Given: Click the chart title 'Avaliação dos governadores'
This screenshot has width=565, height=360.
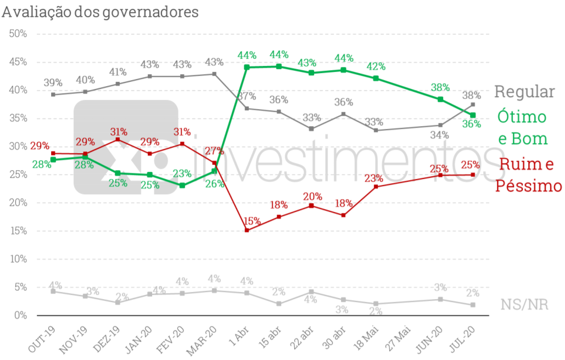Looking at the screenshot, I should pos(100,12).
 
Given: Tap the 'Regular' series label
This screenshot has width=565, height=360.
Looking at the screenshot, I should pos(524,92).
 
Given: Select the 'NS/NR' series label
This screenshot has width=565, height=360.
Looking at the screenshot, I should pos(524,305).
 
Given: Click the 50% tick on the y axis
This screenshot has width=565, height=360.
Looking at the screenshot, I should pos(18,33).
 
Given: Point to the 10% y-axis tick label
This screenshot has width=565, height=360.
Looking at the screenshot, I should pos(18,259).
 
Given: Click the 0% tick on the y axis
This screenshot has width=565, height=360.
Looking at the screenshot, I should pos(20,316).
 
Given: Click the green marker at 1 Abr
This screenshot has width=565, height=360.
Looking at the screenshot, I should pos(247,67).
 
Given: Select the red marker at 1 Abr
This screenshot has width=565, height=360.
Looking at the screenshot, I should pos(247,230).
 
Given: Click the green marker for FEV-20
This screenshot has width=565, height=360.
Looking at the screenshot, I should pos(182,185).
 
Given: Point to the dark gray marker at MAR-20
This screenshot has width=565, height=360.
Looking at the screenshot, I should pos(214,74).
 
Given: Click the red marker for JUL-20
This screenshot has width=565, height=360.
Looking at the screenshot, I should pos(473,175).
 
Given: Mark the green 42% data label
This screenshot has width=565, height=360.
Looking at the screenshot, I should pos(376,67).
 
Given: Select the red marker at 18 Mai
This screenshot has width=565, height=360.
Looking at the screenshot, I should pos(376,187).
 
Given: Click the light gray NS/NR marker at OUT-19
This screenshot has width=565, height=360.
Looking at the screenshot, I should pos(53,291).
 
